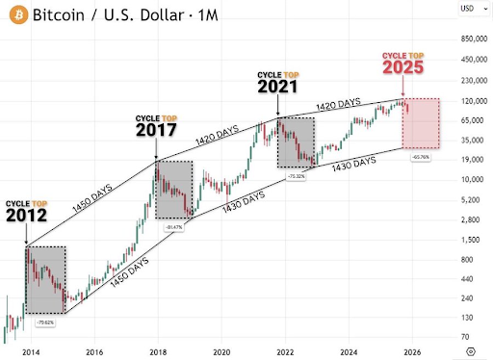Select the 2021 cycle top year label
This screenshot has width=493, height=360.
point(279,86)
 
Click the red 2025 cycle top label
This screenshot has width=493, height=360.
point(404,68)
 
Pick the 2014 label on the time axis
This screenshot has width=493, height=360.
point(30,352)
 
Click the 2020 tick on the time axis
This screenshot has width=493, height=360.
point(222,352)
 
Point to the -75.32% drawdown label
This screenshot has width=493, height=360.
point(297,176)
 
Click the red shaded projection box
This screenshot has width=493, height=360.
point(424,123)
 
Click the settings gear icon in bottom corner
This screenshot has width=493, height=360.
point(471,352)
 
